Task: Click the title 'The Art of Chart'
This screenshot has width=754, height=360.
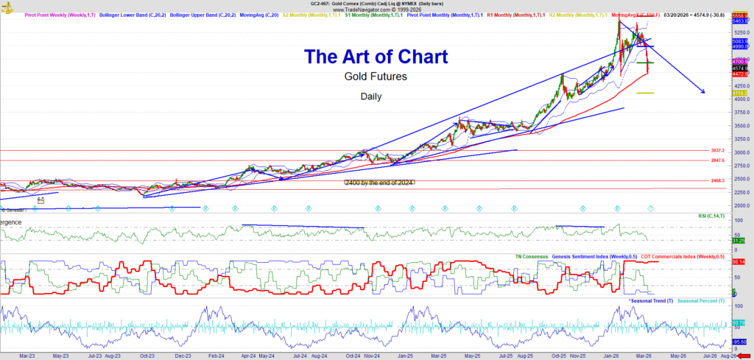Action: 376,56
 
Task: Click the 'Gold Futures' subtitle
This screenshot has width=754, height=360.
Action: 376,76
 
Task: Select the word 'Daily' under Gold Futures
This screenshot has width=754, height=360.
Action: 371,96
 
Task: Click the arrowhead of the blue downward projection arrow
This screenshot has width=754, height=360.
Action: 703,91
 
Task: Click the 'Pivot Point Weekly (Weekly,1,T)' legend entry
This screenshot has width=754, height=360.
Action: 40,15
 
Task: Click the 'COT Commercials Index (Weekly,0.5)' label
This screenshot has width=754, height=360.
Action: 683,256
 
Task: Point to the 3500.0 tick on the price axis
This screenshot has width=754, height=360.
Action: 740,126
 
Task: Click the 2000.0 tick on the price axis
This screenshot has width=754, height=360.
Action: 740,206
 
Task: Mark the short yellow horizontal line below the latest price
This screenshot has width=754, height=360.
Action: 644,93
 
